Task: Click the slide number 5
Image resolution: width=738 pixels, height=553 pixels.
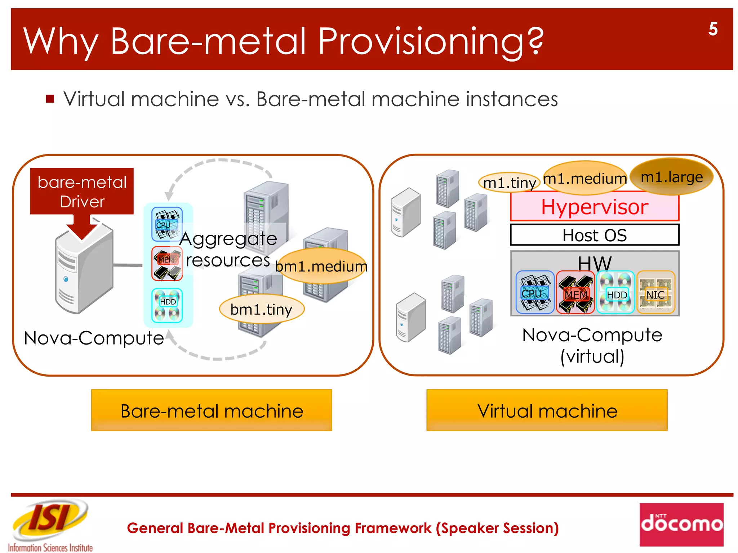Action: point(712,29)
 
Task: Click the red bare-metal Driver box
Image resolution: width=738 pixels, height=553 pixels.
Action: point(82,191)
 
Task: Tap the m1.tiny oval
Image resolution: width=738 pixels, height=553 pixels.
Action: point(508,183)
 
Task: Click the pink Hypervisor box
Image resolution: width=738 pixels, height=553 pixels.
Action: point(595,207)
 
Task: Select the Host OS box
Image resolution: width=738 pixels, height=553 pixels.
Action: point(595,235)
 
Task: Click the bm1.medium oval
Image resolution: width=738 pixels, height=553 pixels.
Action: point(321,266)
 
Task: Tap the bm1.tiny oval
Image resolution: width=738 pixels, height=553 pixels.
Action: point(262,309)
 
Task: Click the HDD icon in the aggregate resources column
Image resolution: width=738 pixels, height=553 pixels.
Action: point(167,305)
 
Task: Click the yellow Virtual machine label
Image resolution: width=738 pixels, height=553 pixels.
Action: point(547,410)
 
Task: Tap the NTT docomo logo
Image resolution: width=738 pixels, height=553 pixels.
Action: point(681,524)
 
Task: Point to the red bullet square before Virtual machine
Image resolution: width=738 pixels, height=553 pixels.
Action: point(50,99)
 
